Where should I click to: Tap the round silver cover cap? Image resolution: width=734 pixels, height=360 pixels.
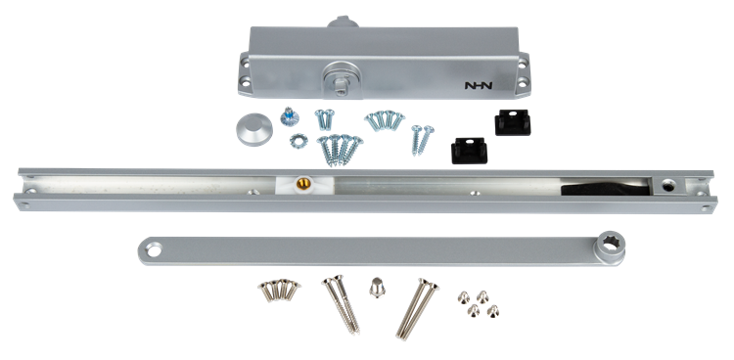tap(254, 129)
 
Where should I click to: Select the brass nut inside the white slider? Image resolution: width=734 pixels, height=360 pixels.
tap(302, 184)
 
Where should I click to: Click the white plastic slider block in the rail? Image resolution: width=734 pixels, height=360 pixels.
tap(303, 185)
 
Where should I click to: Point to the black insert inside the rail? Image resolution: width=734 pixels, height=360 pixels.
tap(605, 188)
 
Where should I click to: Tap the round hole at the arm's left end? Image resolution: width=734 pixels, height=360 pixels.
tap(153, 250)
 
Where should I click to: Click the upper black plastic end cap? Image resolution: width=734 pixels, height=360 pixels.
tap(513, 122)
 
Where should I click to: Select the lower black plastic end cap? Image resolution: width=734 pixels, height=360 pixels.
tap(469, 151)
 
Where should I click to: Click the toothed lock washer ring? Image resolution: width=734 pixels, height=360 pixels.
tap(298, 141)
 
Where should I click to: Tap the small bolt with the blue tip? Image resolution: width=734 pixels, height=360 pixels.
tap(290, 117)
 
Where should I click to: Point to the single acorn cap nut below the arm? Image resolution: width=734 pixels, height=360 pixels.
tap(377, 287)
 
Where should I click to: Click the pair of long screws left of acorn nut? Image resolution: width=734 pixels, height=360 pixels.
tap(342, 304)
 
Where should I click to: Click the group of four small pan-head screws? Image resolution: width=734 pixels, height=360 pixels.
tap(478, 303)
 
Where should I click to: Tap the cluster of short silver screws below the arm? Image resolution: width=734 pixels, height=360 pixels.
tap(279, 290)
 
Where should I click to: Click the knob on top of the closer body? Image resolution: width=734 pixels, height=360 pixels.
tap(344, 22)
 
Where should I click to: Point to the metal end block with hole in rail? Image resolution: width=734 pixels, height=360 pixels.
tap(669, 186)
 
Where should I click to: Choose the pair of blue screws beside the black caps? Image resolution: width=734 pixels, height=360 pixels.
tap(422, 139)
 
